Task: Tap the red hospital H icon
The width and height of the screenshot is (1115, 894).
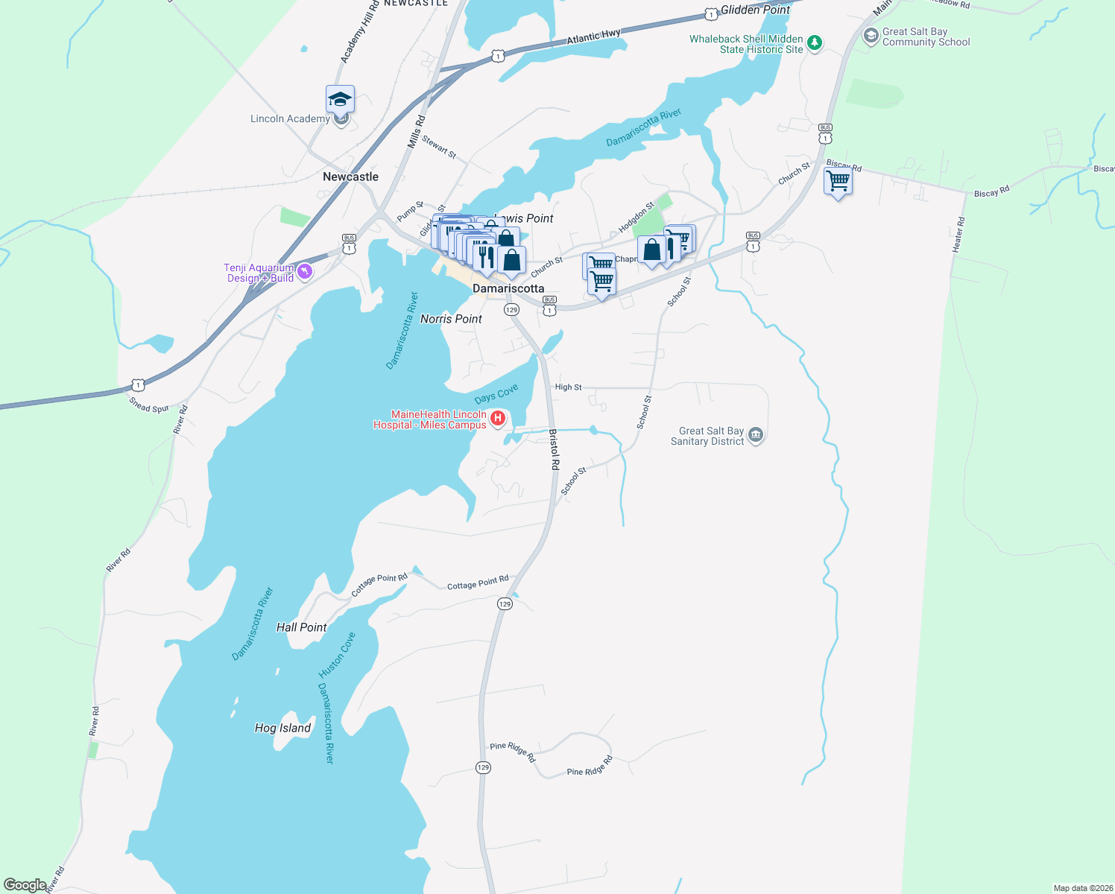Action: pyautogui.click(x=498, y=419)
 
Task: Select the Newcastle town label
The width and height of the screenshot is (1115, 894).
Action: pyautogui.click(x=350, y=177)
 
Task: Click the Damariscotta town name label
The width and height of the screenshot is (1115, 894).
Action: pyautogui.click(x=508, y=288)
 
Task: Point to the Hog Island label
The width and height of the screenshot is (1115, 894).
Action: pyautogui.click(x=282, y=728)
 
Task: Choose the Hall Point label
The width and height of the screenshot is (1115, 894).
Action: pyautogui.click(x=301, y=627)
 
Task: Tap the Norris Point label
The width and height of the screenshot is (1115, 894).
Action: pyautogui.click(x=451, y=319)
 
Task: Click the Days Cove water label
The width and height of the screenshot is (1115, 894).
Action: pyautogui.click(x=496, y=394)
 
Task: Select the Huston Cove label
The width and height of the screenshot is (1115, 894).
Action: pyautogui.click(x=338, y=653)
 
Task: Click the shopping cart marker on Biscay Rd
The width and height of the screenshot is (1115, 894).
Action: pyautogui.click(x=838, y=181)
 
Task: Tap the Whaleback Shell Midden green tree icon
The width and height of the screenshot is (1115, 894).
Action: pyautogui.click(x=815, y=43)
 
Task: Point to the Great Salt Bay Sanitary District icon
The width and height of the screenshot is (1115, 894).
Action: pyautogui.click(x=756, y=435)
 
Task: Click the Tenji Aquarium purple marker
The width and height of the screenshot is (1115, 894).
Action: pyautogui.click(x=304, y=272)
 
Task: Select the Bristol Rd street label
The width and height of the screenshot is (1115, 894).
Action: pyautogui.click(x=555, y=449)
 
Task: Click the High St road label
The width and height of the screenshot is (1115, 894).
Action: pyautogui.click(x=568, y=387)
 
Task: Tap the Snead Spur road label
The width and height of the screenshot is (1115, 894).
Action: pyautogui.click(x=149, y=405)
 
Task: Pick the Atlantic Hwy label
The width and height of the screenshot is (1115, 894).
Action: pyautogui.click(x=593, y=37)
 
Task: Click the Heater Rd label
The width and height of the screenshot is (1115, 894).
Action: pyautogui.click(x=958, y=234)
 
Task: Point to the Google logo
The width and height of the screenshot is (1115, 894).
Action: pyautogui.click(x=25, y=885)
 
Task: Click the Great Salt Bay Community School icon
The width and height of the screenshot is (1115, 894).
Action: pyautogui.click(x=871, y=36)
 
